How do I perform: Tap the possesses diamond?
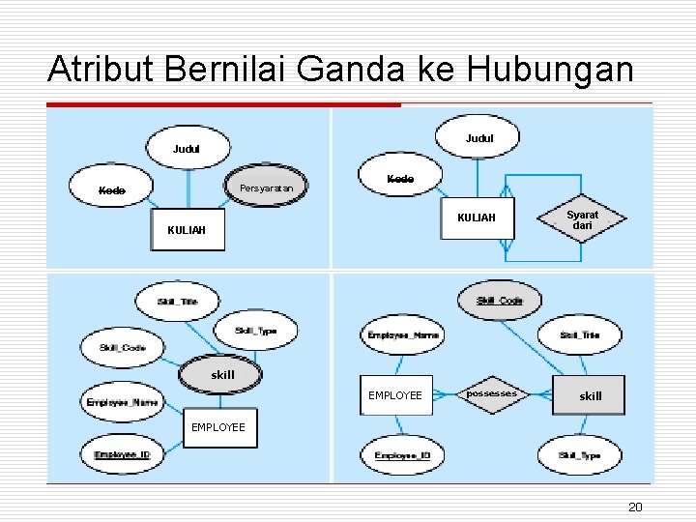493,394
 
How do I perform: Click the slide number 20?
635,507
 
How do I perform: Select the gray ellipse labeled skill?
222,375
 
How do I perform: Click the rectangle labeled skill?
590,395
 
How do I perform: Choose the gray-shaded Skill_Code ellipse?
499,301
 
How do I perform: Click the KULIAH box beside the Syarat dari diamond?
477,218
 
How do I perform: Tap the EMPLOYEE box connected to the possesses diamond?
395,395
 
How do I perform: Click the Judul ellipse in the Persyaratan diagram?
188,150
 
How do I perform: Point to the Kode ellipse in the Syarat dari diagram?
400,179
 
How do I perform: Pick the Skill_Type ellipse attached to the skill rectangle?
580,455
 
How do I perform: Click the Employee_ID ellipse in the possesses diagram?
402,455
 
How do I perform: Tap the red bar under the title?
223,104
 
